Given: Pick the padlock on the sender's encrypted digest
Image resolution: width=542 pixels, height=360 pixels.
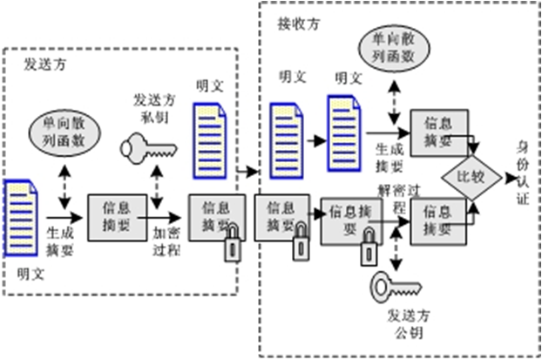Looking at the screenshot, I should [234, 246].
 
